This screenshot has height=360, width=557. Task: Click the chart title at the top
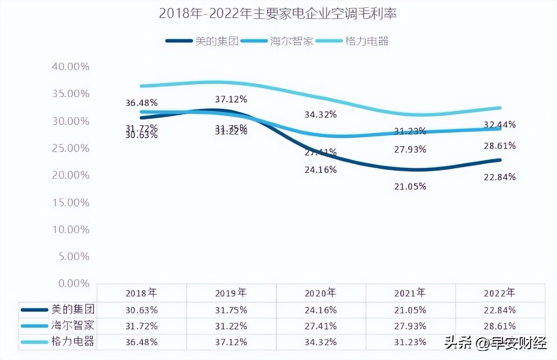(278, 14)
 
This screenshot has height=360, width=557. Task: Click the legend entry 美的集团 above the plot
(217, 41)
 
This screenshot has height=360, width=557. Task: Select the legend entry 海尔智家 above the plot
(292, 41)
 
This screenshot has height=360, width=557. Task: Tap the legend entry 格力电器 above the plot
(366, 41)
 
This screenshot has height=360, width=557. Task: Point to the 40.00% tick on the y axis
(70, 67)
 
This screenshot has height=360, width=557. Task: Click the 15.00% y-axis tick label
(70, 202)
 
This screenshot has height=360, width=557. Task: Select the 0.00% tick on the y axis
(73, 283)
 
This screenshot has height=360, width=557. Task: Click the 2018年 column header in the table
(141, 293)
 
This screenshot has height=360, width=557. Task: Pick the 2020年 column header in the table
(320, 293)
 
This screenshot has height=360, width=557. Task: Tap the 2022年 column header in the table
(500, 293)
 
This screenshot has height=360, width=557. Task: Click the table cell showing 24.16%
(320, 310)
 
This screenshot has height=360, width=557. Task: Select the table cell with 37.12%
(231, 342)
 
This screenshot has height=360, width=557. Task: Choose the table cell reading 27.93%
(410, 326)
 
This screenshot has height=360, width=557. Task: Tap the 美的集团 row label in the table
(73, 310)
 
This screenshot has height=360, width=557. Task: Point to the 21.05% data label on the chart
(410, 187)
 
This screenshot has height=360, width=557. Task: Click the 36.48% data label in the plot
(141, 103)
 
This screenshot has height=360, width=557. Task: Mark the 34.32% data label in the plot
(321, 114)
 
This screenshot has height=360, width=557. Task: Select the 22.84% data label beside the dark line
(500, 177)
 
